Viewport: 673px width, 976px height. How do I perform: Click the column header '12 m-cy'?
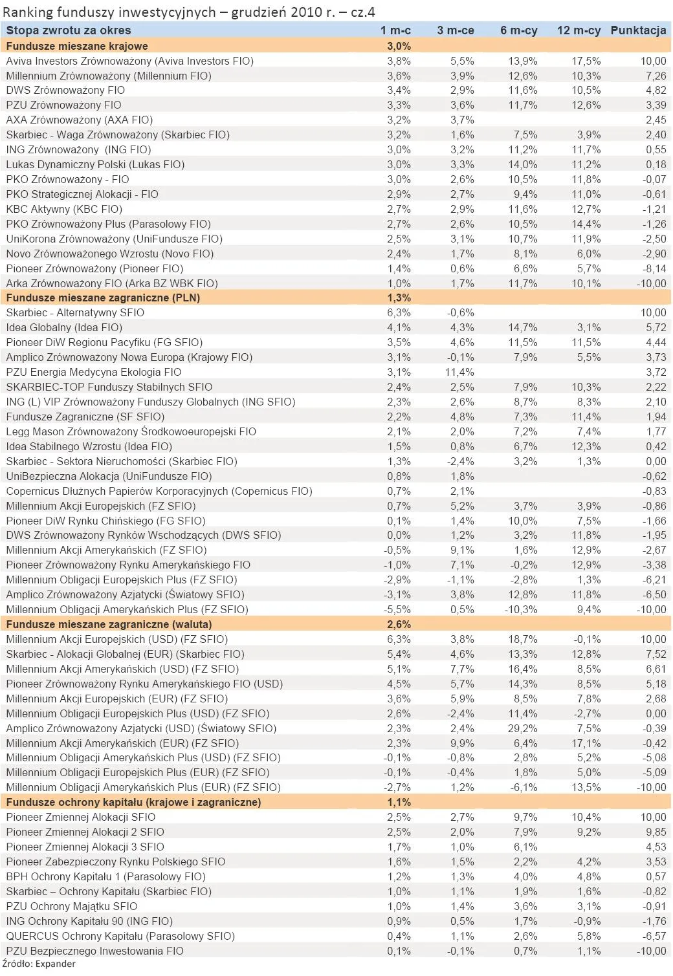click(x=578, y=30)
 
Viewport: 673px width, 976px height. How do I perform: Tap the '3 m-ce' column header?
click(x=456, y=30)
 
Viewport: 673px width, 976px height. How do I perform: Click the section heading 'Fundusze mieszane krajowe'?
click(x=77, y=46)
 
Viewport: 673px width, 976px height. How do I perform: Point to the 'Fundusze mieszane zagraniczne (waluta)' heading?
click(x=109, y=624)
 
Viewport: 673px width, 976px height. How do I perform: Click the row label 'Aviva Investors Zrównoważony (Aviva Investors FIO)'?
click(x=129, y=61)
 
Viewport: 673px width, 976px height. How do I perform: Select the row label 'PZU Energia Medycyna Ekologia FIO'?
click(x=94, y=372)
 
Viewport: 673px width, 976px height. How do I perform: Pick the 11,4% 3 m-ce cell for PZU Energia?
click(x=460, y=372)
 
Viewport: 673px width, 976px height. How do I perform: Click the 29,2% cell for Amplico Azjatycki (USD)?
click(x=522, y=728)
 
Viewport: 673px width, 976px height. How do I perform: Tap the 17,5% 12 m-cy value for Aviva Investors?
click(x=586, y=61)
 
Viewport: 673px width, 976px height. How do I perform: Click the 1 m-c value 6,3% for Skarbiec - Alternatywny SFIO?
click(x=399, y=312)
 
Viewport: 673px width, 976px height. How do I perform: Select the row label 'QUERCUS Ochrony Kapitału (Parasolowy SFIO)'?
click(x=120, y=936)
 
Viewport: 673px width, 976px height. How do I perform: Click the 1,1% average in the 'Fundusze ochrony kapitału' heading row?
click(x=399, y=802)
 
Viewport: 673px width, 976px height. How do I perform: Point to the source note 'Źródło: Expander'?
click(x=38, y=964)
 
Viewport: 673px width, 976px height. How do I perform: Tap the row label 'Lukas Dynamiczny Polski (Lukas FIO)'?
click(x=95, y=164)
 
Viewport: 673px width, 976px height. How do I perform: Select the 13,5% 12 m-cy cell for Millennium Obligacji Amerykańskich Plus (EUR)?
click(x=586, y=787)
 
